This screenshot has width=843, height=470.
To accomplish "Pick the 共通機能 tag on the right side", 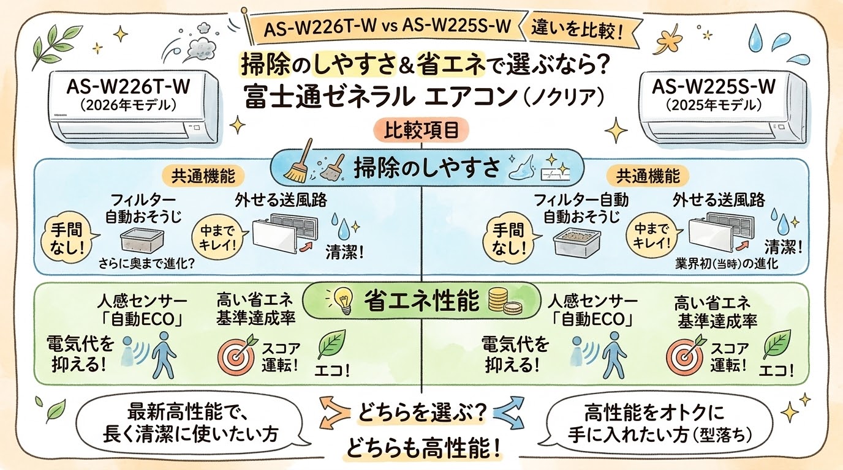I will tap(648, 176).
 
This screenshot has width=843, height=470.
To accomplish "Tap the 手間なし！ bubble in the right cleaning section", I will tap(508, 239).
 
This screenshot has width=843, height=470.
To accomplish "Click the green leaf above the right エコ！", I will tap(776, 345).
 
